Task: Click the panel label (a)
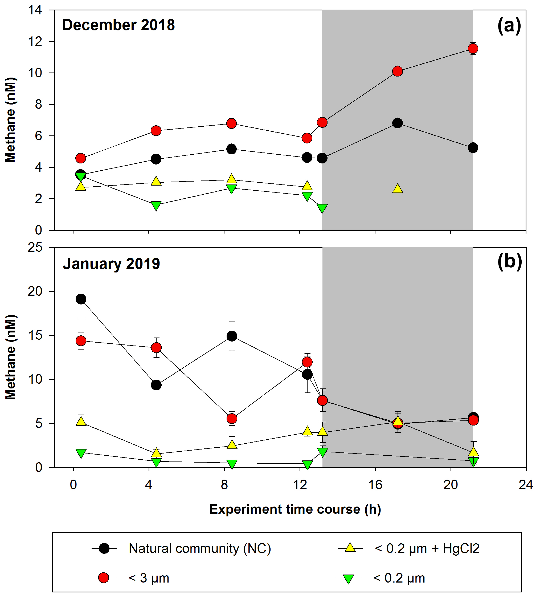click(509, 26)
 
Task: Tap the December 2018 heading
click(118, 25)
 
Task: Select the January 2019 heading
click(111, 264)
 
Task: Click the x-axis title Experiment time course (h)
click(295, 509)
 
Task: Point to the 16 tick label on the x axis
click(375, 485)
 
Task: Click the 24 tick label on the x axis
click(526, 485)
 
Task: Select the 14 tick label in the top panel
click(35, 10)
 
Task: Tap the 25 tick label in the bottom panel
click(35, 247)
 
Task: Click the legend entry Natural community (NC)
click(200, 549)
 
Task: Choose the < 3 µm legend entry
click(149, 578)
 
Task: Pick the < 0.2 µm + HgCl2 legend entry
click(427, 549)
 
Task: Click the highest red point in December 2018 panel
click(473, 48)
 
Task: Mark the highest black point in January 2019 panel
click(81, 299)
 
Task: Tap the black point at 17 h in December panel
click(398, 123)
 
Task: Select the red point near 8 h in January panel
click(232, 419)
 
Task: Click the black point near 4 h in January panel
click(156, 385)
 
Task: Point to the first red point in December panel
click(81, 158)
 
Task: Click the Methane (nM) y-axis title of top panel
click(11, 120)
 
